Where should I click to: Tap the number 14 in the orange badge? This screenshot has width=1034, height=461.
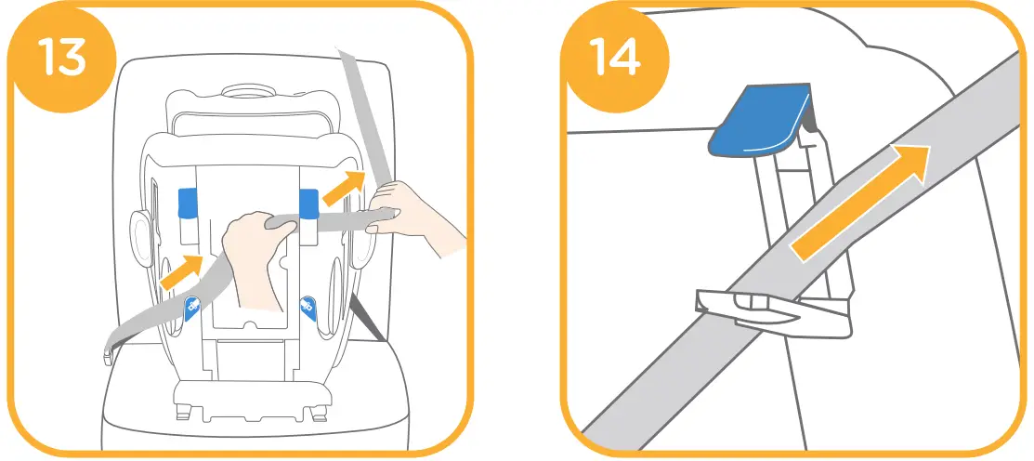(614, 55)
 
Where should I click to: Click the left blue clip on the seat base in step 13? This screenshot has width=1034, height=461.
(190, 201)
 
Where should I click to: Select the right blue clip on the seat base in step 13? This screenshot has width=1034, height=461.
(308, 200)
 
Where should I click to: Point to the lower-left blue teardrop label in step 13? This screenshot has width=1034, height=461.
(191, 306)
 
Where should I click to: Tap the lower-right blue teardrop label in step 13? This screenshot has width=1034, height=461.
(308, 306)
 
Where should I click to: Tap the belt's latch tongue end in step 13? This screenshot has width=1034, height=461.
(110, 349)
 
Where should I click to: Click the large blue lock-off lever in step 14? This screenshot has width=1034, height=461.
(758, 120)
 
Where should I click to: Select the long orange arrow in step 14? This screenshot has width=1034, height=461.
(859, 200)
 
